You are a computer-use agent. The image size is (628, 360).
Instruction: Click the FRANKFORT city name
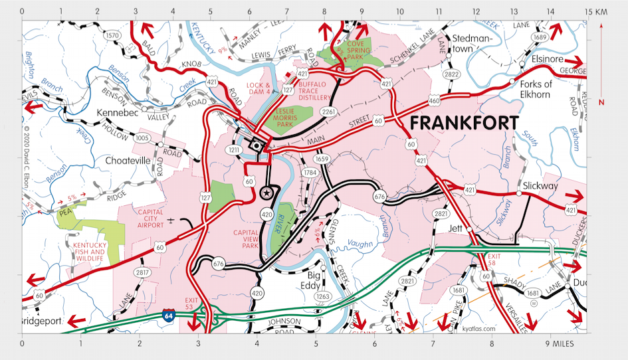click(464, 124)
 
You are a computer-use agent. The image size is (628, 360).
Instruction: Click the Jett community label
click(455, 228)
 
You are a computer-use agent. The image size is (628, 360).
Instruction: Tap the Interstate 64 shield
click(168, 316)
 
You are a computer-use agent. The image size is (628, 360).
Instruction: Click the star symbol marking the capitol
click(266, 193)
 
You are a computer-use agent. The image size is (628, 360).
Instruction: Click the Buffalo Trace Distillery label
click(316, 91)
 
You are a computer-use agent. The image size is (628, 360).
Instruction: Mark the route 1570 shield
click(112, 35)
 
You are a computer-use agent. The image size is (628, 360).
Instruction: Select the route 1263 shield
click(323, 296)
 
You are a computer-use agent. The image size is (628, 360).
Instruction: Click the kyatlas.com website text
click(477, 329)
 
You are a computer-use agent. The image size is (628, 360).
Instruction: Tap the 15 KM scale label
click(597, 12)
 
